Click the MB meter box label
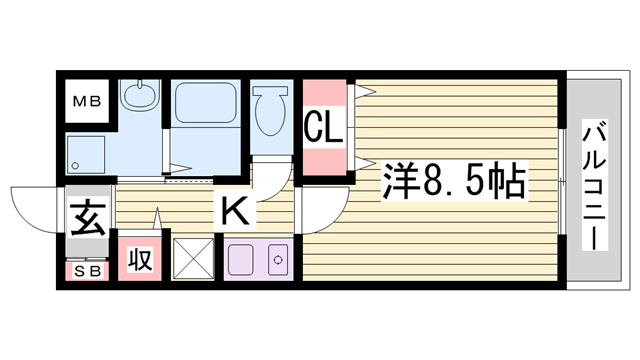[x=87, y=101]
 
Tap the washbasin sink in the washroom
[x=140, y=94]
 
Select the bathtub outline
[x=205, y=102]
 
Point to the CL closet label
[x=324, y=127]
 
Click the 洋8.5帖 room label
[x=454, y=181]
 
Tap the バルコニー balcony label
[x=594, y=185]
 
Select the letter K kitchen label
[x=235, y=211]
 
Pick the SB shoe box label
[x=87, y=271]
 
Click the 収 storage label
[x=140, y=258]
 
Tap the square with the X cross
[x=193, y=259]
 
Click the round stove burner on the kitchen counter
[x=278, y=260]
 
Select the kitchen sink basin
[x=240, y=260]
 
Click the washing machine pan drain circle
[x=75, y=165]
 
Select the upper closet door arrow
[x=365, y=91]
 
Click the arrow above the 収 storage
[x=158, y=219]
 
